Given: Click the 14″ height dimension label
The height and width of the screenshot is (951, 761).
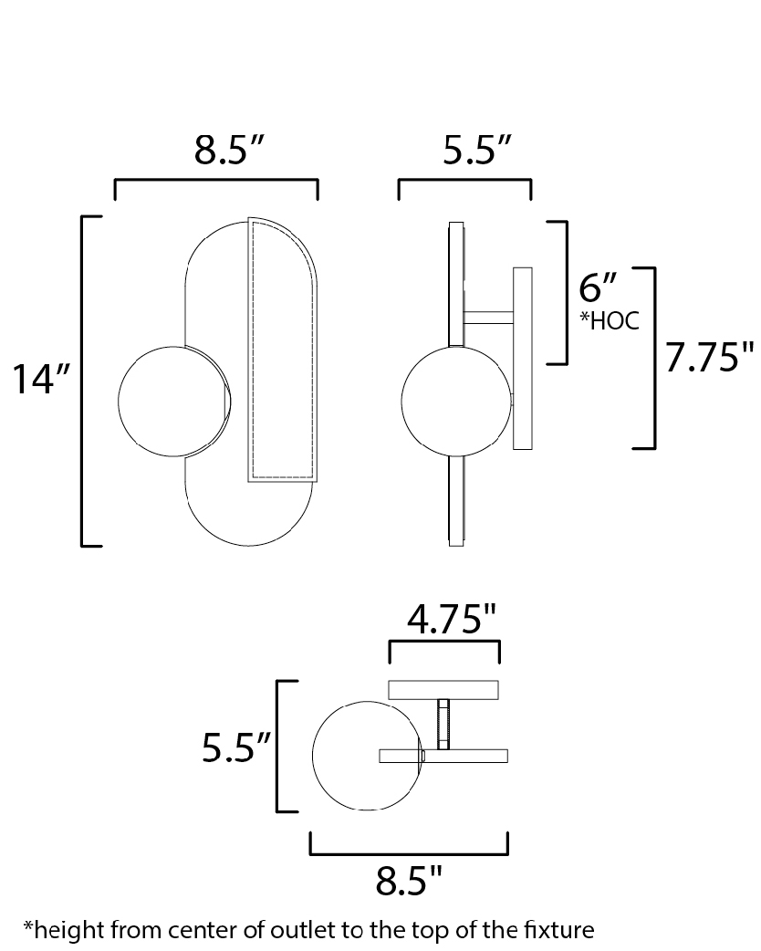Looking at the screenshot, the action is pyautogui.click(x=41, y=381).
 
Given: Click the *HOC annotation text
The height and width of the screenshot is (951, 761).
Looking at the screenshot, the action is pyautogui.click(x=610, y=320).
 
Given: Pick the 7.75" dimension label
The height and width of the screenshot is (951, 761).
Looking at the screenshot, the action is pyautogui.click(x=710, y=357).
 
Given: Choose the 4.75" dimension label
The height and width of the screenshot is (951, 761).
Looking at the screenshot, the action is pyautogui.click(x=452, y=619).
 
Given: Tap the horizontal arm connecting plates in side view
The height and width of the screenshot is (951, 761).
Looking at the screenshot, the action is pyautogui.click(x=489, y=318).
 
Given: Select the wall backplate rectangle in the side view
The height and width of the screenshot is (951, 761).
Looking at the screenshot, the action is pyautogui.click(x=523, y=359).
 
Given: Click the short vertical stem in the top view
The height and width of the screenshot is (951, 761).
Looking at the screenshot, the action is pyautogui.click(x=443, y=724).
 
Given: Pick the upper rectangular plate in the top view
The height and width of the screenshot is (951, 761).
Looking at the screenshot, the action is pyautogui.click(x=443, y=690).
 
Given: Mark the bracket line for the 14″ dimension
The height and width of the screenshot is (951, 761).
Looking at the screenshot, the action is pyautogui.click(x=82, y=381).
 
